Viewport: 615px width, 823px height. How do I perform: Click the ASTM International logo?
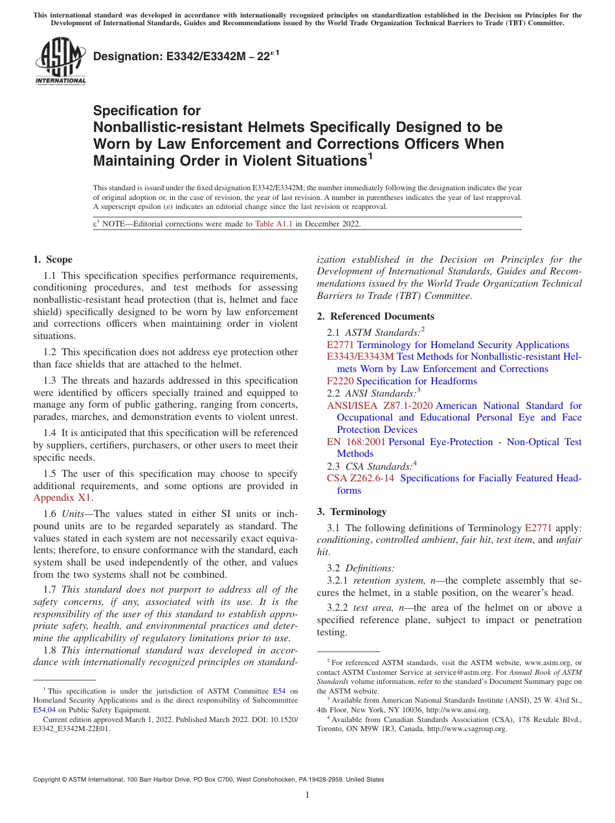pos(60,62)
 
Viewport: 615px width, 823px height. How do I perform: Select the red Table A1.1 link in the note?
pos(274,224)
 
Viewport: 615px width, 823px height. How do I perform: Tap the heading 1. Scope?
pos(52,259)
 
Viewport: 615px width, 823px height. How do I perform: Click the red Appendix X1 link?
pos(62,498)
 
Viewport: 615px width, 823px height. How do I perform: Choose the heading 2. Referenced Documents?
pos(375,316)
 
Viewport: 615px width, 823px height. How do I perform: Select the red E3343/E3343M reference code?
pos(360,357)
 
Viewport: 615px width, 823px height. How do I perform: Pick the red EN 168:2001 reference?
pos(356,442)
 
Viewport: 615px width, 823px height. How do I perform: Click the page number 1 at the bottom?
pos(307,795)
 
